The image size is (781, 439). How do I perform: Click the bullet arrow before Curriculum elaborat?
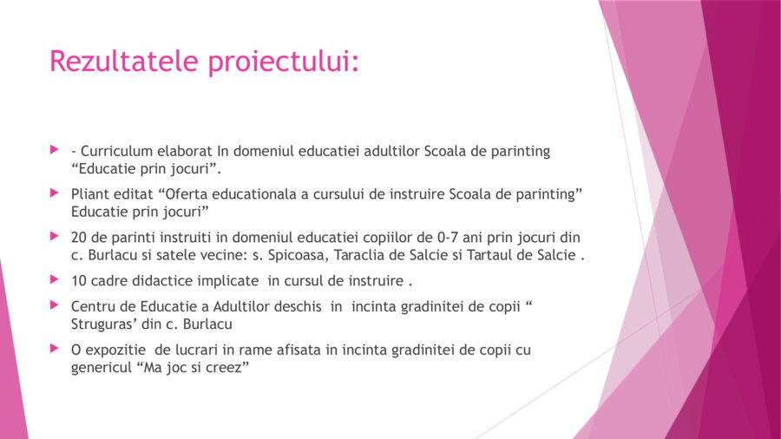coord(55,149)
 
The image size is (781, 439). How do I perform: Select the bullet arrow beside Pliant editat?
coord(55,193)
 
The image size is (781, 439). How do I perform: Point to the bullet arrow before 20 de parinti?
coord(55,236)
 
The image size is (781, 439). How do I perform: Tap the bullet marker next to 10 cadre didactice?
coord(55,279)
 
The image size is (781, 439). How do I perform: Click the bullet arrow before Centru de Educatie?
coord(55,305)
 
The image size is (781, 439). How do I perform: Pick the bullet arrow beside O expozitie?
coord(55,349)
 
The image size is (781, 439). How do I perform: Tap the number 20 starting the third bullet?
coord(78,238)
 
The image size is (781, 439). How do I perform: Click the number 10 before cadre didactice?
coord(79,281)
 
